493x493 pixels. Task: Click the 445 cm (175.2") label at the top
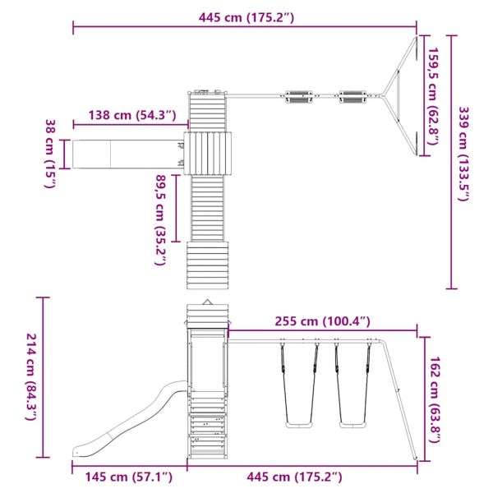(246, 17)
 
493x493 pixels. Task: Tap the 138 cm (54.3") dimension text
(132, 115)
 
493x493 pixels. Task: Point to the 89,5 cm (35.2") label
(160, 220)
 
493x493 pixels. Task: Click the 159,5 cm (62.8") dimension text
(433, 96)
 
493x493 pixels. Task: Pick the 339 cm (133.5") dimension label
(463, 154)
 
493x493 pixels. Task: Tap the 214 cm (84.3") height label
(31, 376)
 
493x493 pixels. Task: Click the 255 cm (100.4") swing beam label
(323, 321)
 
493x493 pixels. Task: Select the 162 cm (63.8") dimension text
(435, 399)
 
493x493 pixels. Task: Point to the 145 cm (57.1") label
(129, 477)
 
